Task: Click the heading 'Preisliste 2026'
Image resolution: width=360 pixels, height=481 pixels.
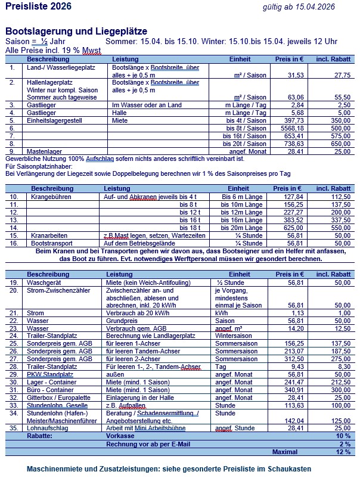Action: pyautogui.click(x=38, y=7)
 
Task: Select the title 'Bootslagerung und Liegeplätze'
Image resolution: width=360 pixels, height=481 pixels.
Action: pyautogui.click(x=76, y=31)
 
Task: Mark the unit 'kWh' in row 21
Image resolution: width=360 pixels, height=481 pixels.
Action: pyautogui.click(x=221, y=313)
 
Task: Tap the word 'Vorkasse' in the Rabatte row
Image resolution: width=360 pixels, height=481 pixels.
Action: pyautogui.click(x=122, y=436)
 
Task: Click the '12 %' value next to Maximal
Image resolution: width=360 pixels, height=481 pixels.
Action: pyautogui.click(x=343, y=452)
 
